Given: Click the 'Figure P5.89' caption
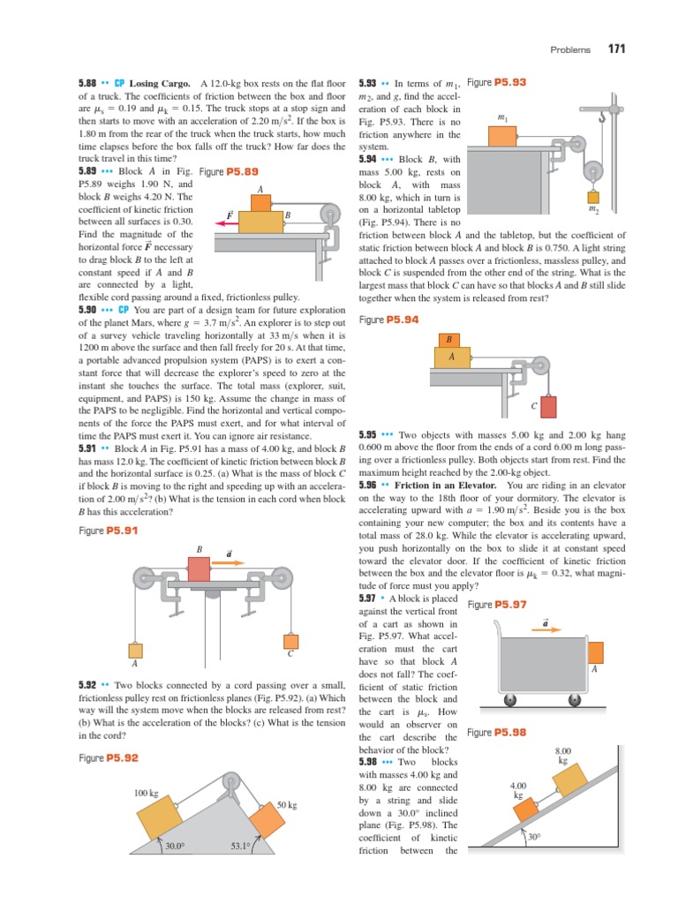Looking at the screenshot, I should click(230, 171).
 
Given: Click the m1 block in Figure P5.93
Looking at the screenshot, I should click(503, 135).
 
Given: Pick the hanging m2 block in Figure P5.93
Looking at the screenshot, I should click(592, 197).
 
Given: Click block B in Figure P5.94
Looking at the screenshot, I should click(448, 340).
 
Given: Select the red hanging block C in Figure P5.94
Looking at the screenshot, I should click(548, 406).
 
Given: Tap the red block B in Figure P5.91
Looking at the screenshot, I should click(200, 570).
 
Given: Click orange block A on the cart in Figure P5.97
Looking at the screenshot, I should click(596, 652).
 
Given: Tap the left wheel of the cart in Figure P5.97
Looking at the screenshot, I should click(509, 701).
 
